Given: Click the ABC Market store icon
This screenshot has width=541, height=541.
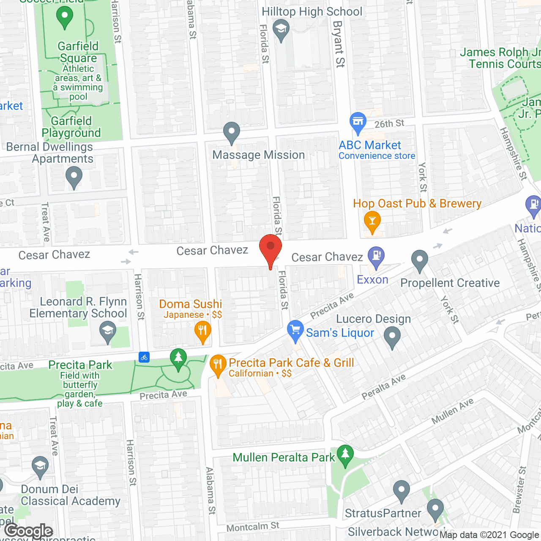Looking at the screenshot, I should (358, 121).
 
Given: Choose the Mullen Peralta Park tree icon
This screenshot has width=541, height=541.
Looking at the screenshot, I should (345, 455).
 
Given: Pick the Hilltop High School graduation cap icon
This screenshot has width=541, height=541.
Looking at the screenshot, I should (281, 30).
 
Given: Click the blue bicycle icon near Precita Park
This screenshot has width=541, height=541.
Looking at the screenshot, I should (144, 357).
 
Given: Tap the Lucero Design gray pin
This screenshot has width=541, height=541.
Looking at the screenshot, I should (392, 337).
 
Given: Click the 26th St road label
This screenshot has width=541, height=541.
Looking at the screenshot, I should (389, 124).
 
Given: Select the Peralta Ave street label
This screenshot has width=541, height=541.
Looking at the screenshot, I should (383, 387).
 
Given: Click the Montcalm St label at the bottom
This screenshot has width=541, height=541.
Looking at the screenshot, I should (253, 527).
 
